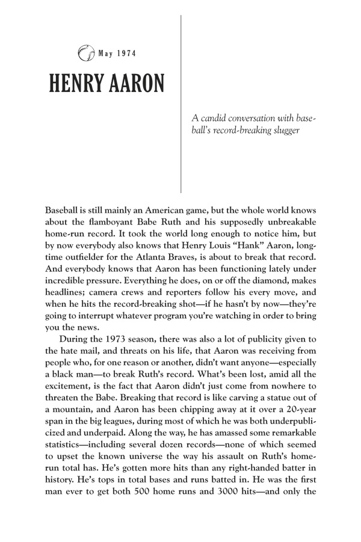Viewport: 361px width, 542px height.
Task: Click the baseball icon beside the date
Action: point(86,55)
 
